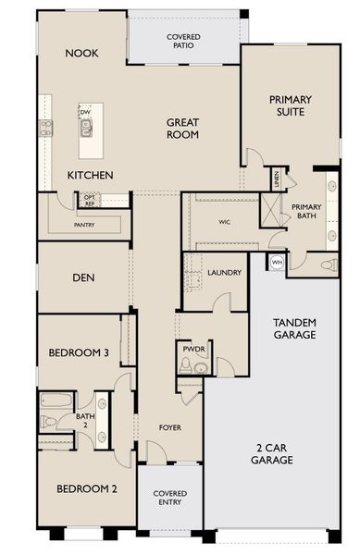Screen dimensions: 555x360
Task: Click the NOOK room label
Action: tap(81, 54)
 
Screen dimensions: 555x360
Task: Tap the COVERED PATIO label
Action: tap(183, 42)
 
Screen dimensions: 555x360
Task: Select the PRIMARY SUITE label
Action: tap(290, 105)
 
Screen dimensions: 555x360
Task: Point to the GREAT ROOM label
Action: tap(183, 128)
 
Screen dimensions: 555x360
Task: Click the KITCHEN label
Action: tap(91, 175)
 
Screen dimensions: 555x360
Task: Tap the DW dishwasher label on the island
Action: tap(84, 111)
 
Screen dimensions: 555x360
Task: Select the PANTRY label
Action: tap(85, 224)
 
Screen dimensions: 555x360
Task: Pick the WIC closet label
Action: tap(224, 222)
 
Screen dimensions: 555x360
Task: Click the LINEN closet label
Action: tap(276, 178)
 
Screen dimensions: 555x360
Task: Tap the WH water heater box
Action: tap(277, 263)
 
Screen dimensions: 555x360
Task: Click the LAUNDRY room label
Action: tap(225, 273)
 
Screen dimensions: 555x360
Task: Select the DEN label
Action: tap(84, 277)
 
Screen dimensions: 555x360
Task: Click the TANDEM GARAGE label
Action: tap(295, 327)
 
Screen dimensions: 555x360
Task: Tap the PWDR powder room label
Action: tap(193, 351)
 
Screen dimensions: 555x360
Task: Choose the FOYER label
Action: tap(169, 428)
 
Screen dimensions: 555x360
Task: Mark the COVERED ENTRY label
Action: tap(168, 497)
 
